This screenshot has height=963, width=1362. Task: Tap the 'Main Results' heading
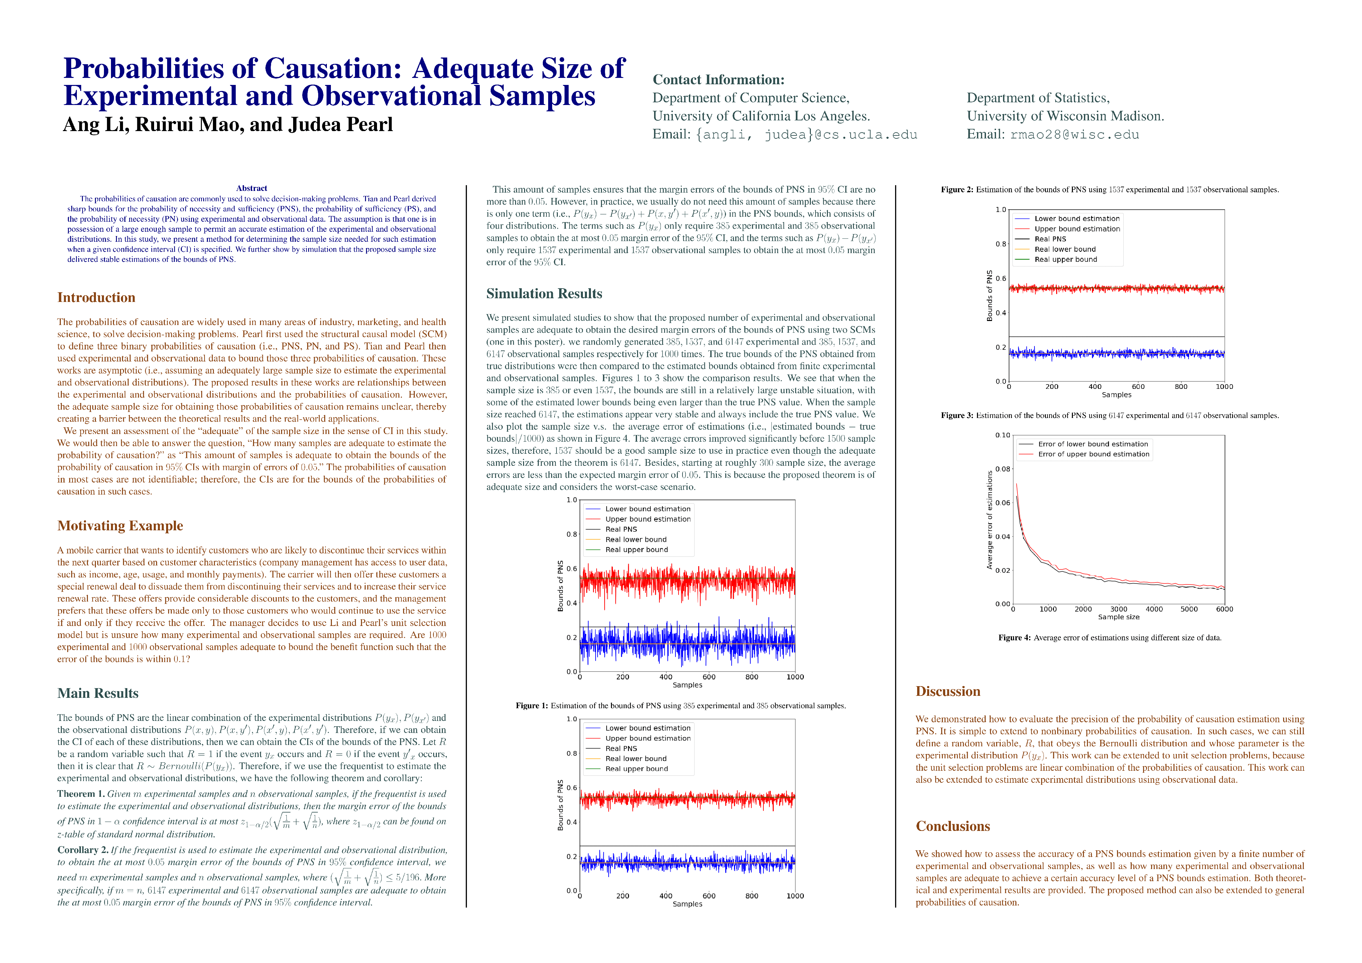point(98,693)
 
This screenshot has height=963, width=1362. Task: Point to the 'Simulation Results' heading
point(544,294)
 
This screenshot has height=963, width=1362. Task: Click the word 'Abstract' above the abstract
point(252,188)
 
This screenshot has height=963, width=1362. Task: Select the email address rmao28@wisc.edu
point(1074,135)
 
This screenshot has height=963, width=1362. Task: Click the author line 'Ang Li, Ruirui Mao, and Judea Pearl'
point(228,125)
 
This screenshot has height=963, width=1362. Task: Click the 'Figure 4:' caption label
point(1014,638)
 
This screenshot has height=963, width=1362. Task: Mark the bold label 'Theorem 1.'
point(81,794)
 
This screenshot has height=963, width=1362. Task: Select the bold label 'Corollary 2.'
point(83,850)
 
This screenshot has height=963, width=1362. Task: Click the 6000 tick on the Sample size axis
point(1224,609)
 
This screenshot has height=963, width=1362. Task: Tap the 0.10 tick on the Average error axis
point(1002,435)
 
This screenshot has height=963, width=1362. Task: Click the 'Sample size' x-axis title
point(1118,617)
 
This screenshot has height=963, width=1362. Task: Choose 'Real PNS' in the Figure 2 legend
point(1050,239)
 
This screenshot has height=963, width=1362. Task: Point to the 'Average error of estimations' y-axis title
point(989,520)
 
